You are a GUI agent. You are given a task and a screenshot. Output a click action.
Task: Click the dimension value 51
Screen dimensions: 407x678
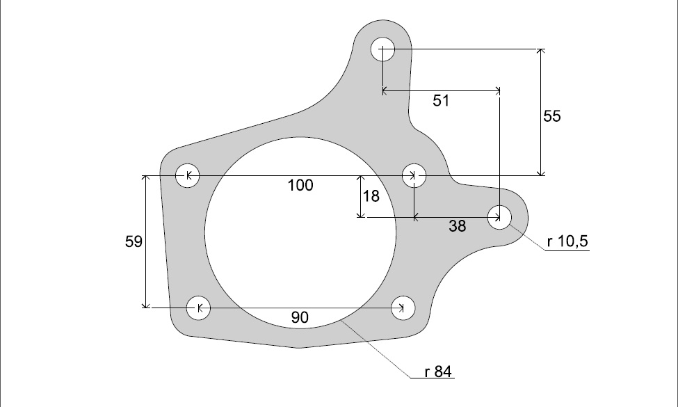click(x=441, y=101)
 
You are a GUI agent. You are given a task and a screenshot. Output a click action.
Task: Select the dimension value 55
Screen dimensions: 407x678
click(x=552, y=116)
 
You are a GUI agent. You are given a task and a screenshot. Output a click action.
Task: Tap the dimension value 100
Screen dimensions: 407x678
click(x=300, y=185)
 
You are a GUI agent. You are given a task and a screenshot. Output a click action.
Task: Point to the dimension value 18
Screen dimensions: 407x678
click(x=371, y=196)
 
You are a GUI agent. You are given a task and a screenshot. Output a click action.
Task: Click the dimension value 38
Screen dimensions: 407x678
click(x=458, y=226)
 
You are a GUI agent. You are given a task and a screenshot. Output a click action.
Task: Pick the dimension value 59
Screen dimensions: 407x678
click(x=134, y=242)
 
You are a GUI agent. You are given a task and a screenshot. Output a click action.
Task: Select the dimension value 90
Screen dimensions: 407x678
click(x=300, y=318)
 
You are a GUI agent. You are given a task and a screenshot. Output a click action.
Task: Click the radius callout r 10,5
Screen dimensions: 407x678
click(x=568, y=242)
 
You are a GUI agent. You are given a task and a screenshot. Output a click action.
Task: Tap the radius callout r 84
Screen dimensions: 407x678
click(x=439, y=372)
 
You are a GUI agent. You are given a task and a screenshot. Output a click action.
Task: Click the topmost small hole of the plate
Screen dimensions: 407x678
click(x=383, y=49)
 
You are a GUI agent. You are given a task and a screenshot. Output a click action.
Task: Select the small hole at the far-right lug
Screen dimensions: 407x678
click(x=499, y=218)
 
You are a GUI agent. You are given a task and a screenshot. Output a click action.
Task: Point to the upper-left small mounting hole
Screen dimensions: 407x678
click(x=187, y=176)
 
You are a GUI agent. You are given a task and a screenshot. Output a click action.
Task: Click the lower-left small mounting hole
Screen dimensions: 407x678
click(x=200, y=307)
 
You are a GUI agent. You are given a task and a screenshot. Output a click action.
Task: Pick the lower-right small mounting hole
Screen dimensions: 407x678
click(x=403, y=307)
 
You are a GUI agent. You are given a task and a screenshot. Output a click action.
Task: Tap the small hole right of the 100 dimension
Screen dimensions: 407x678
click(x=414, y=175)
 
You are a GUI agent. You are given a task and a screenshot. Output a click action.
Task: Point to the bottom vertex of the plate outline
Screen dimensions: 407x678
click(x=299, y=348)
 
